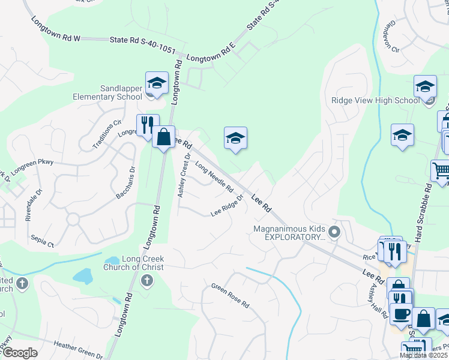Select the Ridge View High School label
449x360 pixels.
coord(375,100)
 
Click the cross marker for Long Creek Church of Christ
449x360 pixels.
coord(146,281)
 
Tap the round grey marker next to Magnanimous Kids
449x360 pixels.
coord(336,232)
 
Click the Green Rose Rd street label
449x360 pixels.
coord(230,295)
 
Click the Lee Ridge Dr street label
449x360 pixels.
coord(227,206)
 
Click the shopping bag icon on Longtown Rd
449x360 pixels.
coord(163,137)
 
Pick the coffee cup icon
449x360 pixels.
coord(401,313)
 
